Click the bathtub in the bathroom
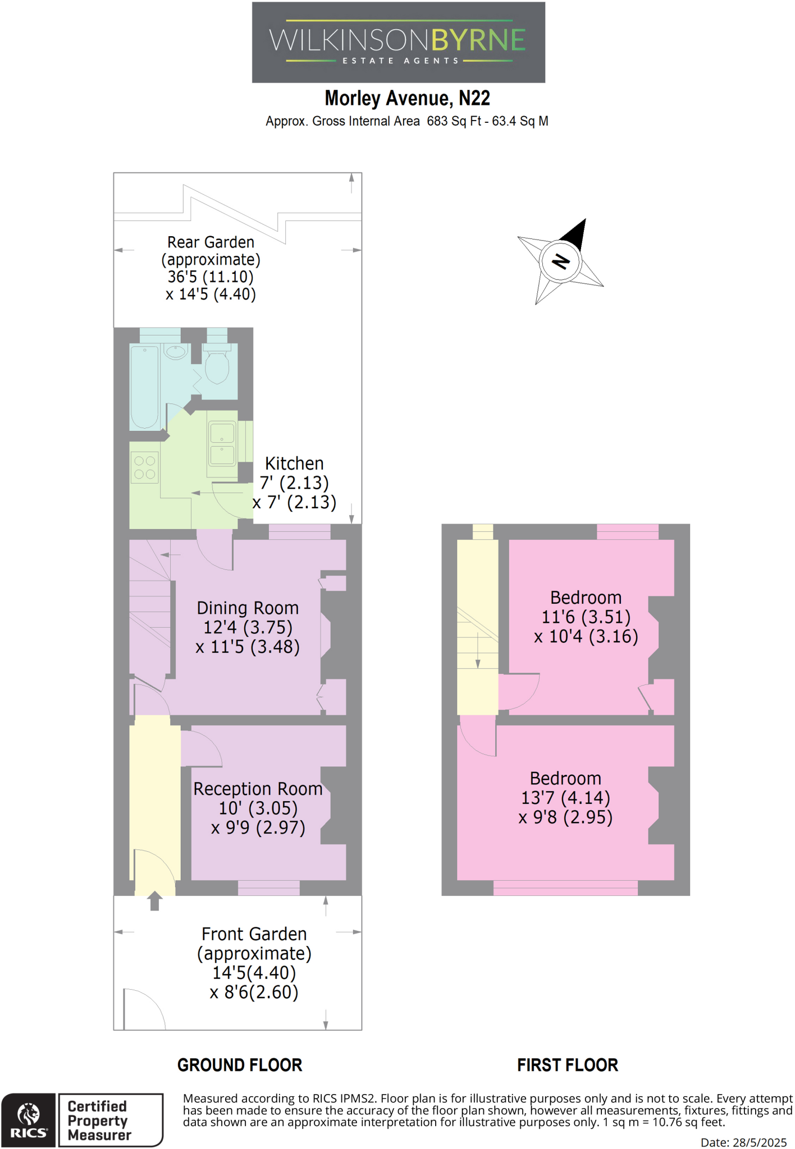(x=144, y=387)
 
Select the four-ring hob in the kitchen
(x=145, y=467)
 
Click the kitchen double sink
(x=222, y=444)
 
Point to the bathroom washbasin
(x=176, y=352)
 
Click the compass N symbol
(x=560, y=261)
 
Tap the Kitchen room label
(x=294, y=464)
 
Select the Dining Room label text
(x=248, y=608)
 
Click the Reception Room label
(x=258, y=789)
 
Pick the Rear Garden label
(x=211, y=242)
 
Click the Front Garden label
(x=254, y=934)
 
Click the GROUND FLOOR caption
(x=240, y=1065)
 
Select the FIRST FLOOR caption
(x=567, y=1065)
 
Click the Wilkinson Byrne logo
(x=398, y=43)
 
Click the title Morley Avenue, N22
(x=407, y=99)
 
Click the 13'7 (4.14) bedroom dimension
(x=565, y=798)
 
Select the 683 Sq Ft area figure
(x=454, y=121)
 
